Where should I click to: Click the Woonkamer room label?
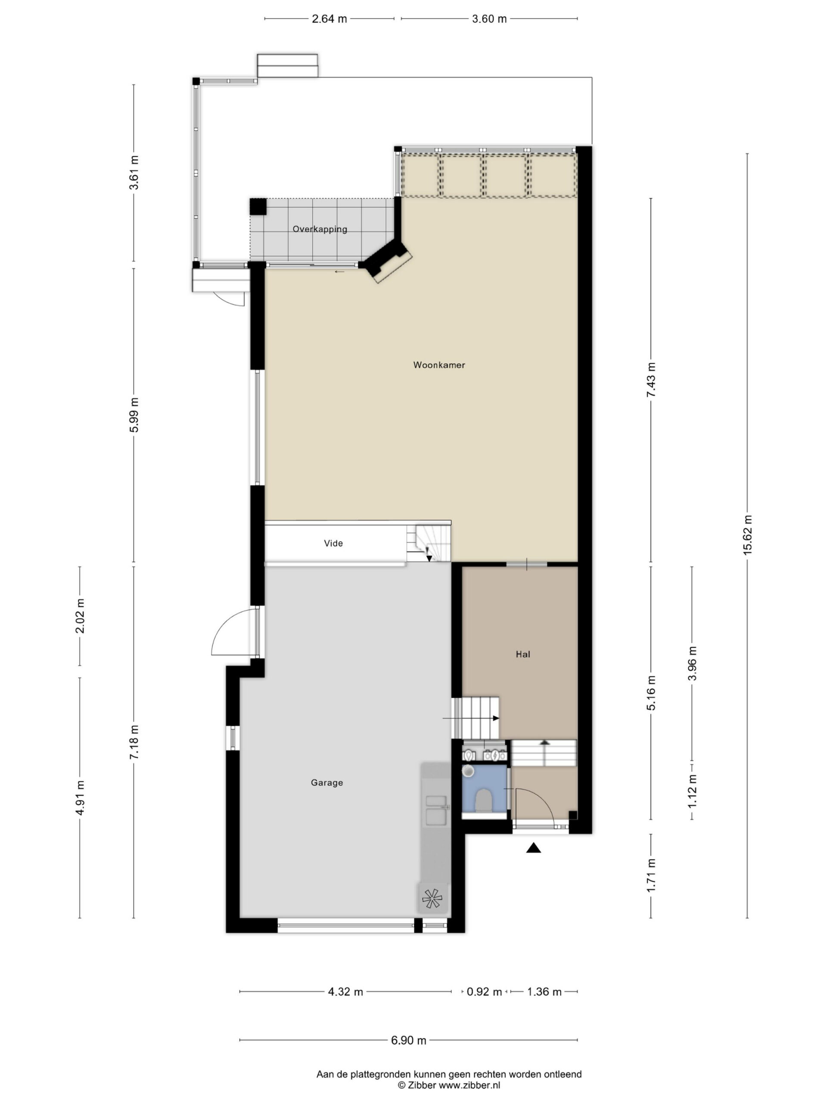tap(438, 365)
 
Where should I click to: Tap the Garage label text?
tap(326, 783)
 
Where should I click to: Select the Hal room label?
tap(523, 654)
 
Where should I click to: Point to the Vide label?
tap(333, 543)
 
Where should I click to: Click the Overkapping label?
tap(320, 229)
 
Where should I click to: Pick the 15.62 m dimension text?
tap(747, 535)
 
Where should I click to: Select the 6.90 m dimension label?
tap(408, 1040)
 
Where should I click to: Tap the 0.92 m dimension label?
tap(484, 992)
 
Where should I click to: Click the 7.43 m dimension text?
tap(650, 380)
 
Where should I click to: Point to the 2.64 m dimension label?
tap(329, 19)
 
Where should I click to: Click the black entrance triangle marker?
tap(533, 848)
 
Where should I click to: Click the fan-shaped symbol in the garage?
tap(432, 898)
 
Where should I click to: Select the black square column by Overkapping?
tap(258, 206)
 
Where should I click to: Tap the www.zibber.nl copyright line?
tap(449, 1085)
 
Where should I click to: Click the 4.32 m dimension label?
tap(345, 992)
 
